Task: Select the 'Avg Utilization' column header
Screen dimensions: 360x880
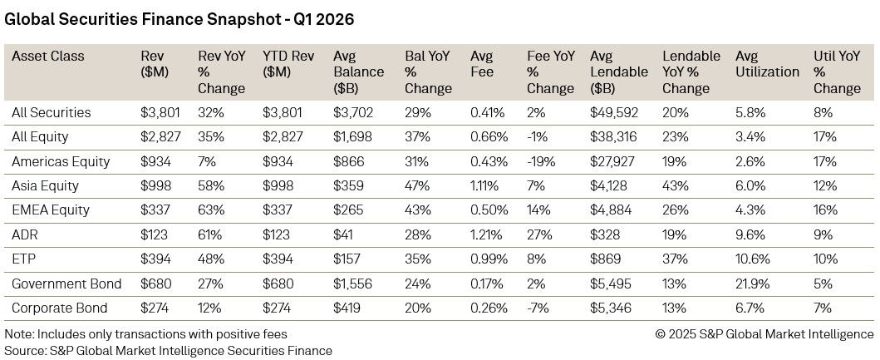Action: pyautogui.click(x=767, y=64)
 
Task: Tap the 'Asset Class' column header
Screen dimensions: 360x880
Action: pyautogui.click(x=48, y=57)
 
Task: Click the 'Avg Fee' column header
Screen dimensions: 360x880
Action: pyautogui.click(x=482, y=64)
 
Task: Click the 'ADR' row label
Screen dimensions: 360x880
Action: pyautogui.click(x=26, y=234)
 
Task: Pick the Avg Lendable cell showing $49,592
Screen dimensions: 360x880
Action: pyautogui.click(x=614, y=112)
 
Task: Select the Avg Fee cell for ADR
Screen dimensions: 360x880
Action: pyautogui.click(x=484, y=234)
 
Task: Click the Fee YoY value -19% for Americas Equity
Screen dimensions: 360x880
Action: pyautogui.click(x=541, y=161)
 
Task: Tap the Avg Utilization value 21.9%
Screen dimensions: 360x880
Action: pyautogui.click(x=753, y=284)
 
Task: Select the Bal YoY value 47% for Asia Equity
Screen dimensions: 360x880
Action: pyautogui.click(x=416, y=185)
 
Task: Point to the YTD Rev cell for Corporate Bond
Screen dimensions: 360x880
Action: pyautogui.click(x=278, y=308)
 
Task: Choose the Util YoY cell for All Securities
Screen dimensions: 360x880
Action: pyautogui.click(x=823, y=112)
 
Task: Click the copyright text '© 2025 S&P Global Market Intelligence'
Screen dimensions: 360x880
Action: pyautogui.click(x=764, y=334)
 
